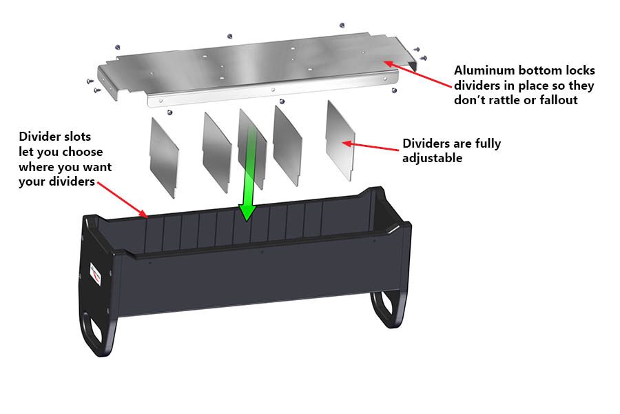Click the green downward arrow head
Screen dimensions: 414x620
(x=247, y=212)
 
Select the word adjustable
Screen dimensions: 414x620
(x=432, y=158)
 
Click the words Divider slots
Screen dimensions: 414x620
(x=55, y=137)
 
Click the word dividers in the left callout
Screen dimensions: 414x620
(x=76, y=181)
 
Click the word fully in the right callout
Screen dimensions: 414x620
(x=486, y=144)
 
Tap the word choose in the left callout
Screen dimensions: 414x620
(x=83, y=151)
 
